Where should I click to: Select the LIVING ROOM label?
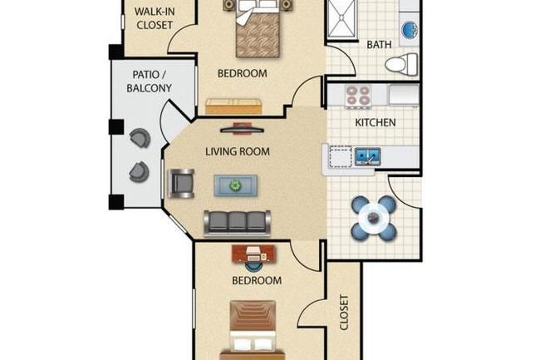(238, 151)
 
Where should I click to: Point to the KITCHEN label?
(376, 123)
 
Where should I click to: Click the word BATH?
(380, 43)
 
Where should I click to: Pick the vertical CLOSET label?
(345, 313)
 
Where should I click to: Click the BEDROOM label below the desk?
(256, 281)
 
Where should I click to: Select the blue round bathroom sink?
(409, 30)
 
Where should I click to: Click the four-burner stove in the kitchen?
(357, 96)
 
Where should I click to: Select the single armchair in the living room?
(183, 183)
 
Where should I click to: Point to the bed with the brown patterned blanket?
(254, 27)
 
